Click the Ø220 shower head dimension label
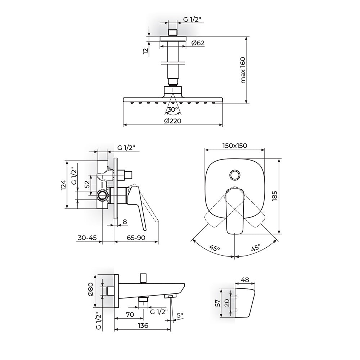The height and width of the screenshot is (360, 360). tap(173, 121)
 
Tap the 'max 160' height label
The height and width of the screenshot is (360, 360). tap(243, 70)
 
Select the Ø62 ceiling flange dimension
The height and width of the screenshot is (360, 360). tap(198, 43)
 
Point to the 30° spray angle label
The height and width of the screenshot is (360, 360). tap(173, 109)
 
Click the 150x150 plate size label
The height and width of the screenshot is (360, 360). tap(235, 145)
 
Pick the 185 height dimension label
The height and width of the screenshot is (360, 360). tap(275, 196)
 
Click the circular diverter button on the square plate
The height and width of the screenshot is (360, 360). tap(235, 175)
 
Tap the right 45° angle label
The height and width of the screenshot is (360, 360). tap(256, 248)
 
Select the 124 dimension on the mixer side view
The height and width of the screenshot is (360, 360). tap(63, 185)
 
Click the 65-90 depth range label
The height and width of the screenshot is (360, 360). tap(136, 238)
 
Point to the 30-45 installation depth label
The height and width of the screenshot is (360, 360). tap(87, 238)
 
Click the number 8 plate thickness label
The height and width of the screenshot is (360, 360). tap(125, 222)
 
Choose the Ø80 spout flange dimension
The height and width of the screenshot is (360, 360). tap(90, 289)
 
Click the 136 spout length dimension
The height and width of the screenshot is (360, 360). tap(143, 325)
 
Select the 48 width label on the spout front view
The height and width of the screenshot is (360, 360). tap(245, 280)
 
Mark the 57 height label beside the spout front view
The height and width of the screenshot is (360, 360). tap(218, 303)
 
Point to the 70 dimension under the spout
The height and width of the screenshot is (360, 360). tap(130, 315)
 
